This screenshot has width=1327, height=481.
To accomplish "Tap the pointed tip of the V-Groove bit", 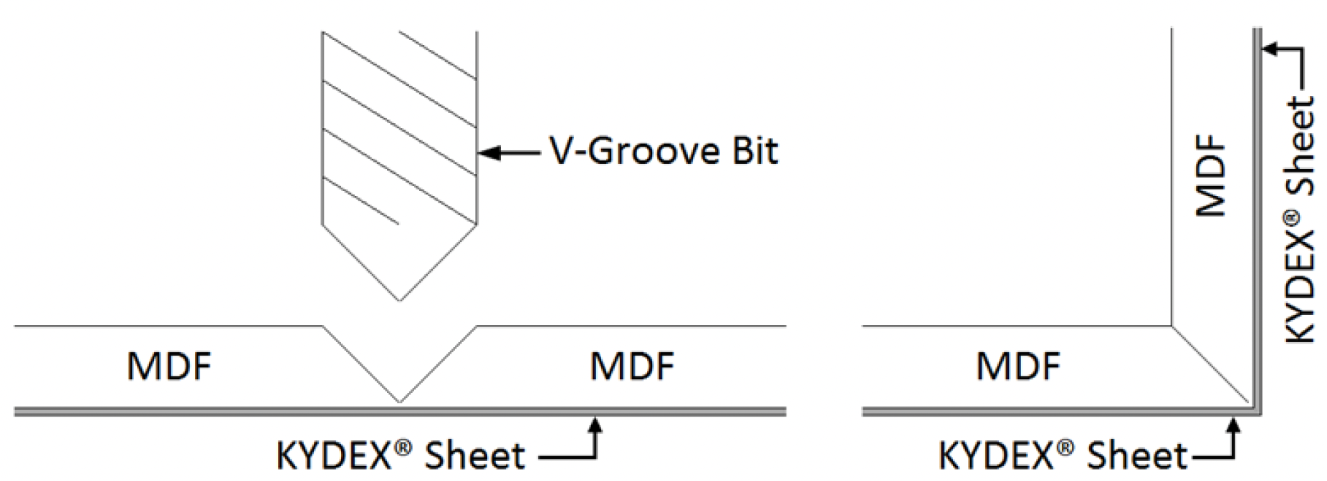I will [399, 300].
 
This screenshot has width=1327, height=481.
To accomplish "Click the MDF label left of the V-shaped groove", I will [169, 366].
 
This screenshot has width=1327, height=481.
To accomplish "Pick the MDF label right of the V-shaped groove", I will [631, 366].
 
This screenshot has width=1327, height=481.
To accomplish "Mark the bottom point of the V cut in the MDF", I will [399, 401].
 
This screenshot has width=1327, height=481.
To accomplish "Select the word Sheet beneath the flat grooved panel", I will [474, 456].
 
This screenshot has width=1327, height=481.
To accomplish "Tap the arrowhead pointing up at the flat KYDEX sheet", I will [594, 424].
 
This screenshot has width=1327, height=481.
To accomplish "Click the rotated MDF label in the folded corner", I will [1212, 175].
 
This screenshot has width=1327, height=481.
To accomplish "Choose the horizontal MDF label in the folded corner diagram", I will [1017, 366].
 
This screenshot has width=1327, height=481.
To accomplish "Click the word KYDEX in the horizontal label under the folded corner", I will [997, 456].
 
